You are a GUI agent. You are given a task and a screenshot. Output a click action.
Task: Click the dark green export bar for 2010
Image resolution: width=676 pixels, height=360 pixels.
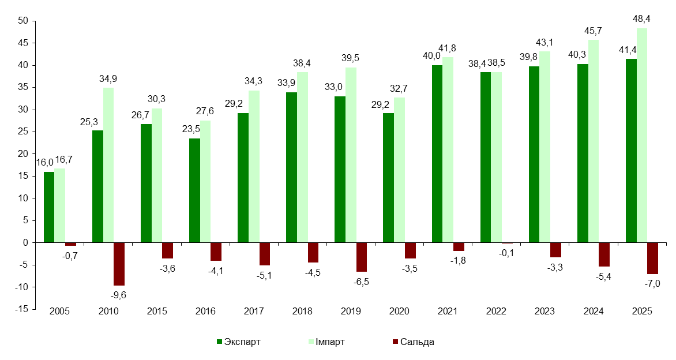coord(98,186)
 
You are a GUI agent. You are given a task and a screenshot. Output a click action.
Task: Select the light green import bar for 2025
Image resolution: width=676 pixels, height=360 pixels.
coord(642,136)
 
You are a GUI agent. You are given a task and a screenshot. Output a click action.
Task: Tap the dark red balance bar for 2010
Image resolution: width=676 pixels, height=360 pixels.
coord(119,264)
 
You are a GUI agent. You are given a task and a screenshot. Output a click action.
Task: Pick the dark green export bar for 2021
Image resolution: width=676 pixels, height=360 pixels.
coord(437,154)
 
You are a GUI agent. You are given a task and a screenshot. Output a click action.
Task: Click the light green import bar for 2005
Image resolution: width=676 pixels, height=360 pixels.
coord(59,205)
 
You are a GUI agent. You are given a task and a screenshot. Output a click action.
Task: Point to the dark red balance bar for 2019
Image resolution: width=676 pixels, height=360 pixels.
coord(361,257)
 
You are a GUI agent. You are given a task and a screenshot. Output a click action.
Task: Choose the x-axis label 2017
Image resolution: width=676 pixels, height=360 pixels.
coord(254,312)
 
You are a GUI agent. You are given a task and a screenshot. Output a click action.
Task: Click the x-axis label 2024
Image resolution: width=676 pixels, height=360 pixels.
coord(594,312)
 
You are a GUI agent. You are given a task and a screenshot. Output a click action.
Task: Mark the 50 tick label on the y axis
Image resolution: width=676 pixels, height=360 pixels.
coord(24,21)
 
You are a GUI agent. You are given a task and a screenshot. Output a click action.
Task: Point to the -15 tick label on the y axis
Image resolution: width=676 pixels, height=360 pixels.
coord(22,309)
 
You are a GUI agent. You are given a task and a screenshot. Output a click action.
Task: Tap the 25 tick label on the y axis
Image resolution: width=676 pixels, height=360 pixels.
coord(24,132)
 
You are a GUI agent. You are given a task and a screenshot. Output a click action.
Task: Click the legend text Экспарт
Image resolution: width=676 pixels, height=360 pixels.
coord(243,342)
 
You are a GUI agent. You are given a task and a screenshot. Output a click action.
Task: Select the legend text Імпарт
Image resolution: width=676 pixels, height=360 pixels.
coord(331,342)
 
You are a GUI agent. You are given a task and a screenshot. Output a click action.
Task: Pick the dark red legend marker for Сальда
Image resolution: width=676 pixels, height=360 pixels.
coord(395,342)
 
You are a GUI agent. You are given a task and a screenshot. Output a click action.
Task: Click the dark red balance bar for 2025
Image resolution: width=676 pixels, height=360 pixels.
coord(652,258)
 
